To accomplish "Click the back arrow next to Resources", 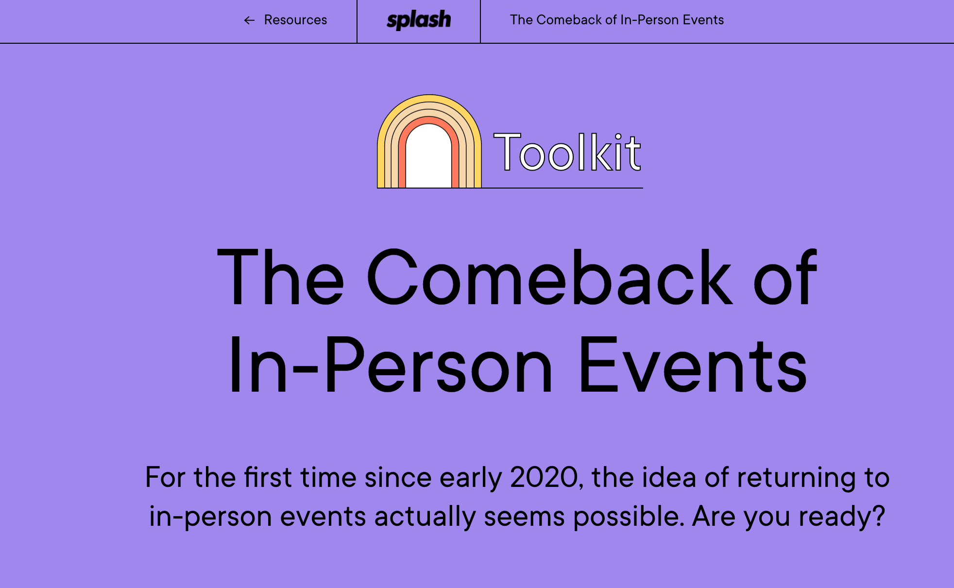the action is [249, 20].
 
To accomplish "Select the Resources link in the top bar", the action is [295, 20].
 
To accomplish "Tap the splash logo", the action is [419, 20].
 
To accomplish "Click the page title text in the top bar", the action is [617, 20].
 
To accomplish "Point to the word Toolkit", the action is [567, 153].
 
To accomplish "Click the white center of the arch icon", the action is [428, 158].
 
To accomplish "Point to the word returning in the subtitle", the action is [796, 478].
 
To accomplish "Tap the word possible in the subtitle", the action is [629, 516].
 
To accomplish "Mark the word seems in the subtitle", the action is [525, 516].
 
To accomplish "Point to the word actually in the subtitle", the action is [425, 517].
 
